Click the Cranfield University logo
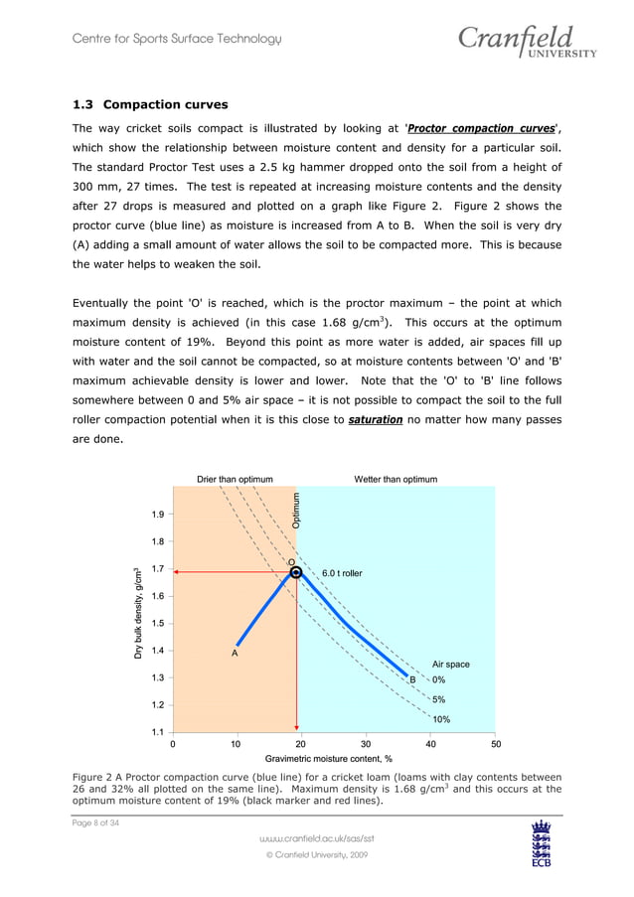pyautogui.click(x=526, y=43)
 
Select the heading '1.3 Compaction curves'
pyautogui.click(x=150, y=104)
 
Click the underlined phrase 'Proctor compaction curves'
pyautogui.click(x=482, y=128)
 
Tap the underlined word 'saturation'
pyautogui.click(x=375, y=420)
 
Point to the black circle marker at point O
pyautogui.click(x=296, y=572)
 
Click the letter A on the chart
pyautogui.click(x=235, y=653)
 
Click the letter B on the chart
pyautogui.click(x=412, y=679)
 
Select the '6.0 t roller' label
pyautogui.click(x=342, y=573)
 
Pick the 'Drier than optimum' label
pyautogui.click(x=235, y=479)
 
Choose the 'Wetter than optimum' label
pyautogui.click(x=396, y=479)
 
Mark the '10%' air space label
pyautogui.click(x=441, y=719)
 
